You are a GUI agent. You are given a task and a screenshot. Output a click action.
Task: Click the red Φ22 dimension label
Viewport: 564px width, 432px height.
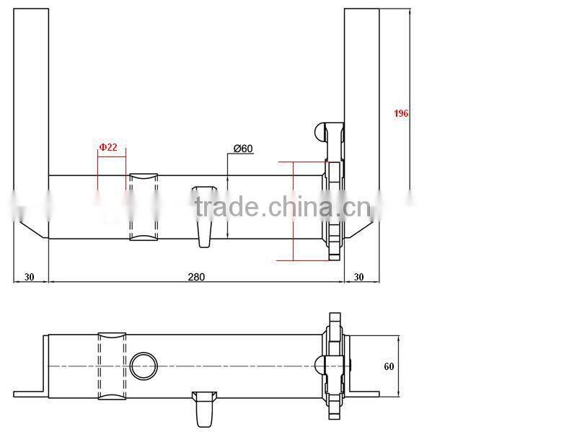point(108,147)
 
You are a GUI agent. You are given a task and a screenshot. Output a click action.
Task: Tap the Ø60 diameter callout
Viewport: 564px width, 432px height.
point(243,149)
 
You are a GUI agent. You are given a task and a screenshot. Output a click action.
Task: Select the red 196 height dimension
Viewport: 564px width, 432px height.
point(401,113)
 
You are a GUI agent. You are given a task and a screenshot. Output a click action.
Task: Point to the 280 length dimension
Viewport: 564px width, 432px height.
point(196,276)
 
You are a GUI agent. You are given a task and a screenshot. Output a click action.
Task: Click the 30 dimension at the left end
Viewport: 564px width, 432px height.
point(29,276)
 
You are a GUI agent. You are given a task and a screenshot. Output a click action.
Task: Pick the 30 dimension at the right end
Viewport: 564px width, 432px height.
point(359,276)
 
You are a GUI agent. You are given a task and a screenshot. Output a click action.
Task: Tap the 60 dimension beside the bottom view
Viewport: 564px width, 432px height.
point(389,366)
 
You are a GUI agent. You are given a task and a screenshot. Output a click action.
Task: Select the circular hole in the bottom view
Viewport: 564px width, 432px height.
point(143,366)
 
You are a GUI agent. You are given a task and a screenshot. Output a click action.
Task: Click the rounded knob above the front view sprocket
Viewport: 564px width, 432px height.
point(320,131)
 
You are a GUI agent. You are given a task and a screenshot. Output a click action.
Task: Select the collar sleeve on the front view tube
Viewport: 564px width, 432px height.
point(143,208)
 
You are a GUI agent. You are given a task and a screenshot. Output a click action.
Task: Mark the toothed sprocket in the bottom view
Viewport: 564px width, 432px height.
point(334,366)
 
